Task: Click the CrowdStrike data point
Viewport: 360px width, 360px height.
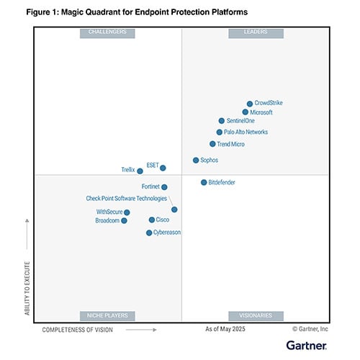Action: click(250, 104)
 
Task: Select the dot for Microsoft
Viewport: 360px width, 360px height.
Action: click(246, 112)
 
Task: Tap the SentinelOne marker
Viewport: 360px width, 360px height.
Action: click(222, 121)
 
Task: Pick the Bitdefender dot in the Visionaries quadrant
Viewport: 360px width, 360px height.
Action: click(204, 182)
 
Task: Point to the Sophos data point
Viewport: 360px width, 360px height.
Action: click(196, 160)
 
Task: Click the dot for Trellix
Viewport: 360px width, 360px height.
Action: click(140, 171)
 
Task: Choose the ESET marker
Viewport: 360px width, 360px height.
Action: click(163, 168)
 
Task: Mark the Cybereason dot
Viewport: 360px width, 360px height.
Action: click(149, 233)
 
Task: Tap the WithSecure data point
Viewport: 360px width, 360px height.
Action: click(127, 212)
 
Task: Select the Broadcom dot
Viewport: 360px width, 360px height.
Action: click(124, 221)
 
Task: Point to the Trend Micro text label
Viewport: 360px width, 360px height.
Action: click(230, 144)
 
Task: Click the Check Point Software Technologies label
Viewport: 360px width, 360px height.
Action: click(126, 198)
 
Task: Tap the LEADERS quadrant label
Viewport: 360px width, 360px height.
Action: click(256, 32)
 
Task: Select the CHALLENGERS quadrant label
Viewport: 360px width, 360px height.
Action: click(107, 32)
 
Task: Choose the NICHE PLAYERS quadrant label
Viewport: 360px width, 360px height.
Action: click(107, 315)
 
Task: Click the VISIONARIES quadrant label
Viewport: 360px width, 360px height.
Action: click(256, 315)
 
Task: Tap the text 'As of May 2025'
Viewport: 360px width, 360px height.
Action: click(225, 329)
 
